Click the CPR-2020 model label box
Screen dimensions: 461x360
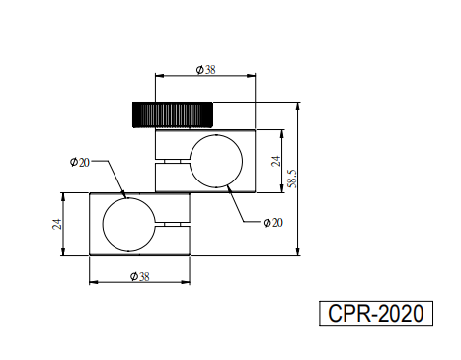(x=376, y=314)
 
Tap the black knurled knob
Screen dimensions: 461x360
(x=173, y=114)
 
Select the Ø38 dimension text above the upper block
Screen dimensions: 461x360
(x=206, y=70)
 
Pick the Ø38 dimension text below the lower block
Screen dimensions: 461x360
(x=140, y=276)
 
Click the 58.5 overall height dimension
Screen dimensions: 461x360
(x=292, y=179)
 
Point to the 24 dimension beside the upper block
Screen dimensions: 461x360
(x=276, y=161)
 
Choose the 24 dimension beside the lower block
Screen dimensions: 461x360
(x=57, y=224)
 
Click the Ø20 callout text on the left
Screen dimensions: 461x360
(x=80, y=162)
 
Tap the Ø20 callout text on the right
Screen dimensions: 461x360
(x=273, y=223)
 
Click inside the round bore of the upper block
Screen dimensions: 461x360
(x=216, y=161)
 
